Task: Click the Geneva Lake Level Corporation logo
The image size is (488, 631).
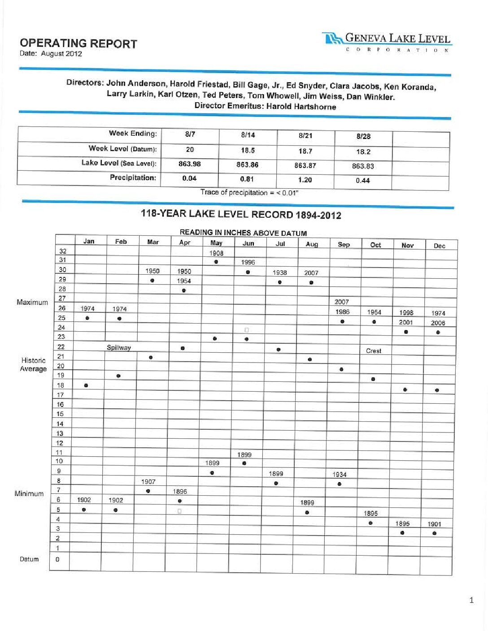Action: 387,42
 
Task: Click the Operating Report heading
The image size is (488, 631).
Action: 78,43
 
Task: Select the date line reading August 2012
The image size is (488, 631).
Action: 51,54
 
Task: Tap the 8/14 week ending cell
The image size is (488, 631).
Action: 248,135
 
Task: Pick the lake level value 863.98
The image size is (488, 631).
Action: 189,164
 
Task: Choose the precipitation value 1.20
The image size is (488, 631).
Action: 305,180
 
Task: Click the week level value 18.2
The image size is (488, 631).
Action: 363,152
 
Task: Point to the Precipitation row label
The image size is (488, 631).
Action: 133,177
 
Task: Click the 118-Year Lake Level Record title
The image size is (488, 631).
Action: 241,214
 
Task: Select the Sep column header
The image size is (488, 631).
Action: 344,244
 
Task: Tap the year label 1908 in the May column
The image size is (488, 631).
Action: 216,253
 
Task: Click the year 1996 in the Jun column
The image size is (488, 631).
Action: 248,263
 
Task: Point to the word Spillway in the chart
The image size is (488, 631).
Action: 118,348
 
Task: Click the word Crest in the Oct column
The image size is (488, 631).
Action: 374,351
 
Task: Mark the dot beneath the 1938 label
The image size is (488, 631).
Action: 279,282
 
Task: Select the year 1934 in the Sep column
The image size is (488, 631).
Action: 340,475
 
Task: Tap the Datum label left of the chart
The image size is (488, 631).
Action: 29,559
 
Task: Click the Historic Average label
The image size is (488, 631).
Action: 33,364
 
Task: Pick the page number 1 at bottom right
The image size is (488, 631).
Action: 471,600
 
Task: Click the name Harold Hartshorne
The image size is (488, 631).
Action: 301,107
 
